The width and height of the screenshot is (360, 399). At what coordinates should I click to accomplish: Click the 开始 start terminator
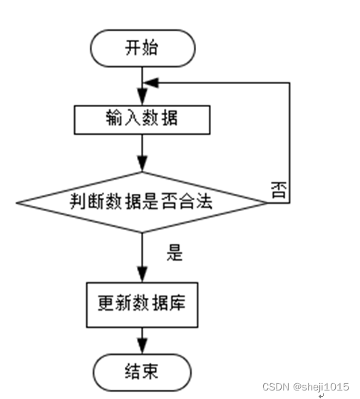(143, 48)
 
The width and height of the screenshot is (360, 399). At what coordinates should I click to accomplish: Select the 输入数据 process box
(142, 120)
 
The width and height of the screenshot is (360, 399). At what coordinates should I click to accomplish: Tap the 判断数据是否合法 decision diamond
(142, 202)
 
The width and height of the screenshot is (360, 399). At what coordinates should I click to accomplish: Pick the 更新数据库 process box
(142, 305)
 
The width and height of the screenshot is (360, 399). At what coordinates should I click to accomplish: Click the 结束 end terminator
(142, 372)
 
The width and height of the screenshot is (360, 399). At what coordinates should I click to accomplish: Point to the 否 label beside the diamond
(279, 190)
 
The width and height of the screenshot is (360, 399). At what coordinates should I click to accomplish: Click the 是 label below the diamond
(175, 252)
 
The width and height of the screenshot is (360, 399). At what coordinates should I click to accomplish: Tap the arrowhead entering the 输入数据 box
(143, 97)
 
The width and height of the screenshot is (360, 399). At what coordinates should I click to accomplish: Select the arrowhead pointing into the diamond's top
(143, 164)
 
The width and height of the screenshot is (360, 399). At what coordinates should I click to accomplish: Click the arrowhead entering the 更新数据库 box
(143, 274)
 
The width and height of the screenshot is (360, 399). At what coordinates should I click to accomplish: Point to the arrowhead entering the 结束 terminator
(143, 346)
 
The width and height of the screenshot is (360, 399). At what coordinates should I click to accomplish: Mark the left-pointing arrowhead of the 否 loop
(151, 83)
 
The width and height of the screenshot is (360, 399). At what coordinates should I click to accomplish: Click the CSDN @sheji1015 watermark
(306, 387)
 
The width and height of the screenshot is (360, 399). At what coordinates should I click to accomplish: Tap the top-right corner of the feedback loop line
(289, 83)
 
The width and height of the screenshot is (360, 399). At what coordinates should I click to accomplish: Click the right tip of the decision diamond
(268, 203)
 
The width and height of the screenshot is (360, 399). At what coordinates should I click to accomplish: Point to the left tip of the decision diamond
(16, 203)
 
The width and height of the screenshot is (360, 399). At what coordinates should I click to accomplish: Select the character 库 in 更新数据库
(177, 303)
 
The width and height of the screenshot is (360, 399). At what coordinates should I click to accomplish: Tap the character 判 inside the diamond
(78, 201)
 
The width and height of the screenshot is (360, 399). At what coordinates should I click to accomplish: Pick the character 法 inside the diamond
(204, 201)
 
